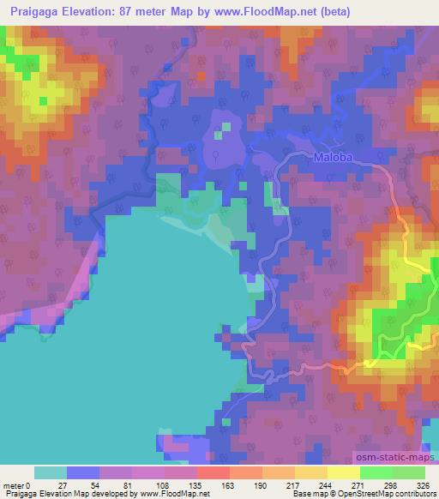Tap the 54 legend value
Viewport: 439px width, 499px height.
(x=93, y=484)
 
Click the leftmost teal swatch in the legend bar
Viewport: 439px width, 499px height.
(x=51, y=472)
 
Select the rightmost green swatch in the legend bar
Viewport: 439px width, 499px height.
(x=409, y=472)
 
